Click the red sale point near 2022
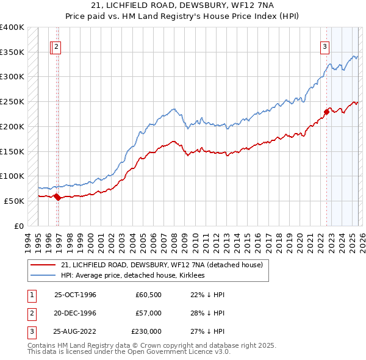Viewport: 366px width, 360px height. (326, 112)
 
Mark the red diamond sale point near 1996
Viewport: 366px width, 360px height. (57, 196)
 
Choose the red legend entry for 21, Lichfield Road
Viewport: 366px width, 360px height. (162, 265)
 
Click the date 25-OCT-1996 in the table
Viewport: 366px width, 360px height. (75, 295)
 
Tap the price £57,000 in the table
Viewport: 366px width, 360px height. (148, 313)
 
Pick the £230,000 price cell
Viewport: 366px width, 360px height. (146, 331)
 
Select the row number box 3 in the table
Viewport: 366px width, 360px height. (31, 331)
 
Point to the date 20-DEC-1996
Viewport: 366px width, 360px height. (75, 313)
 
